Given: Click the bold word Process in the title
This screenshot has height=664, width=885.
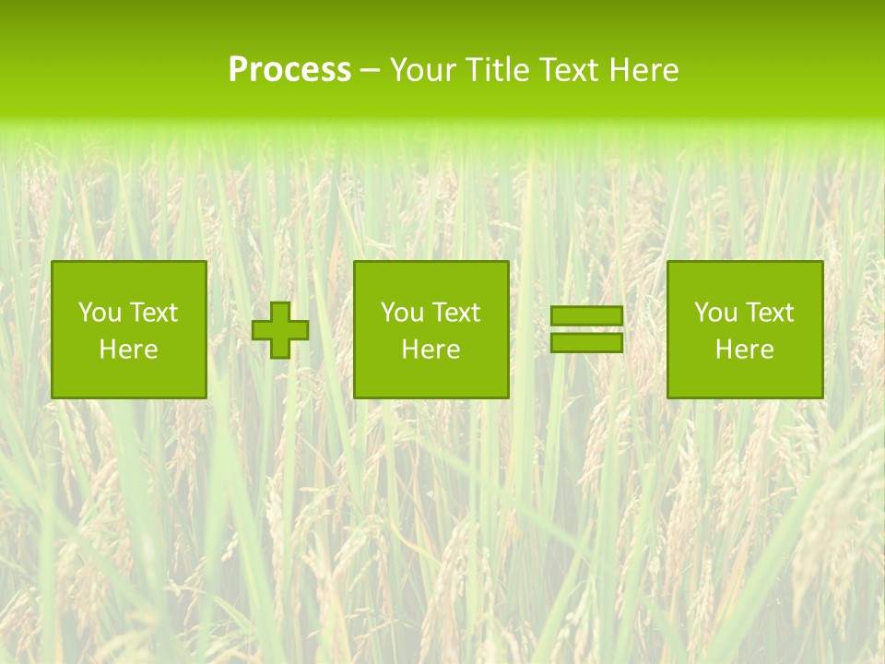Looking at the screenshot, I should [289, 70].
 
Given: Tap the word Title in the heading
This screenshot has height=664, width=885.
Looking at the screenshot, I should [499, 70].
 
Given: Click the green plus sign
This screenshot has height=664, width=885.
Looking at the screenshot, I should [280, 330].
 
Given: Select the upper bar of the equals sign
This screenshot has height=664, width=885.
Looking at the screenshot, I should [586, 316].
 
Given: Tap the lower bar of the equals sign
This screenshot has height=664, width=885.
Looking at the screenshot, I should [586, 343].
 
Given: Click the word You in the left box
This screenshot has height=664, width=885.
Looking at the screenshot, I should [100, 313].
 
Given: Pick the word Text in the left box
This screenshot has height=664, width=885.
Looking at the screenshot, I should [153, 313].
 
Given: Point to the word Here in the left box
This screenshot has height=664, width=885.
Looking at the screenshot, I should [128, 350].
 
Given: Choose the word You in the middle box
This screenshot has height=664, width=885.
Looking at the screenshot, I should [402, 313].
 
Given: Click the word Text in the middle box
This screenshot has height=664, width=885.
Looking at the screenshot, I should [455, 313].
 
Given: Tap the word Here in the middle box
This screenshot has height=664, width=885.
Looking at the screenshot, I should [431, 350].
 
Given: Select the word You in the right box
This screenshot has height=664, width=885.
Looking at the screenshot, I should [715, 313].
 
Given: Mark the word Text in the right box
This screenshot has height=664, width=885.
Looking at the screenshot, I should [769, 313].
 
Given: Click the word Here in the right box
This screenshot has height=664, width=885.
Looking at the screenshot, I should [744, 350].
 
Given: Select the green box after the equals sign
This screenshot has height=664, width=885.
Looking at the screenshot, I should [744, 378].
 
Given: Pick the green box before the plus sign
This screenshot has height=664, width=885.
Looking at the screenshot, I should [128, 378].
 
